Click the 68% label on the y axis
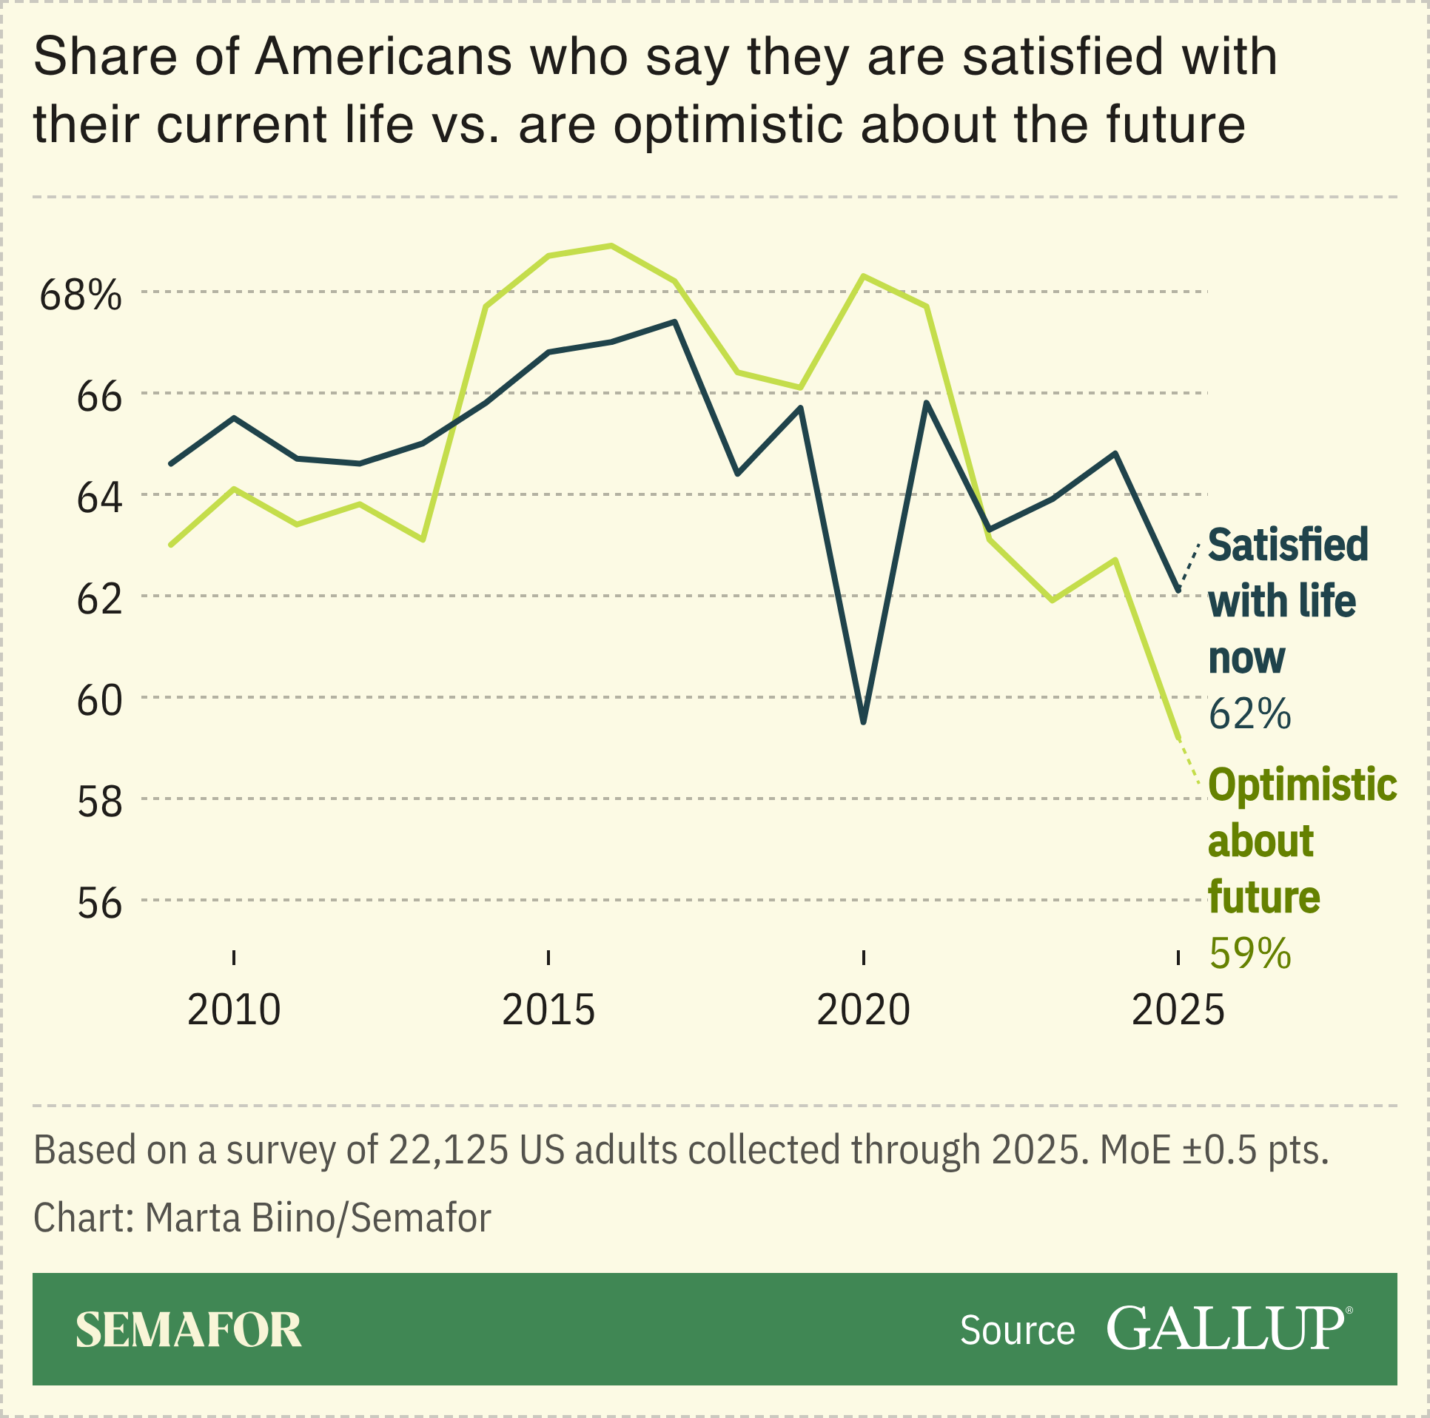coord(80,295)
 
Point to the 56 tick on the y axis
coord(99,904)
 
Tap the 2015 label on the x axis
coord(548,1010)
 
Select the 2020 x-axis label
coord(863,1010)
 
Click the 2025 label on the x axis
coord(1178,1010)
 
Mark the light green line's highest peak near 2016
coord(611,246)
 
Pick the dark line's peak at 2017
coord(674,322)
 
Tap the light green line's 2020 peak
coord(864,276)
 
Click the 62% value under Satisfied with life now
coord(1249,714)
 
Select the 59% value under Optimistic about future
coord(1249,953)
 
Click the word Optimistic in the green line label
coord(1302,784)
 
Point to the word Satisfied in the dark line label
coord(1288,545)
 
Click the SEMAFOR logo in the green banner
coord(189,1330)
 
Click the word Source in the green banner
coord(1017,1331)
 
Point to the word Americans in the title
coord(383,57)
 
